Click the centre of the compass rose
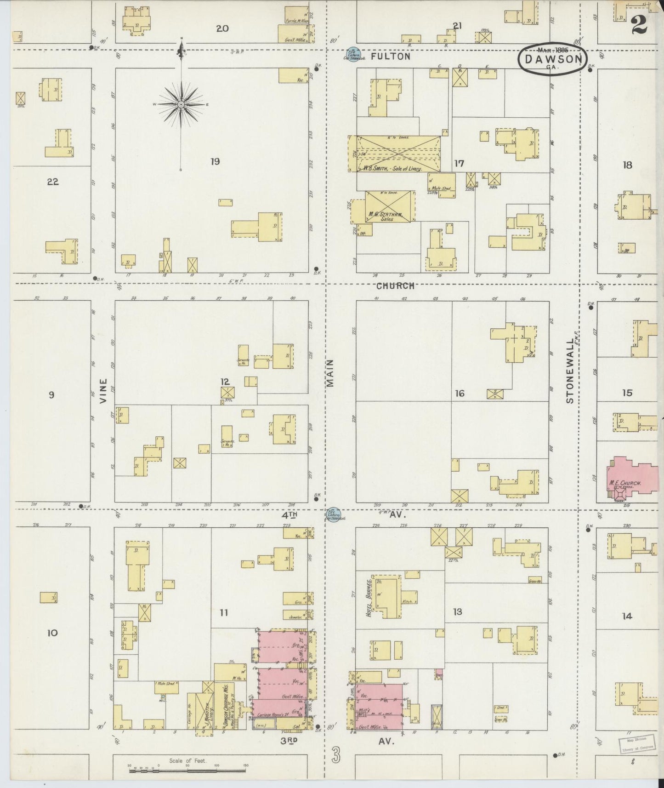(x=181, y=105)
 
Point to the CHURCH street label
(x=395, y=286)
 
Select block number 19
(x=215, y=161)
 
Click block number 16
(x=460, y=393)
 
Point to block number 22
(x=52, y=182)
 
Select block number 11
(x=224, y=612)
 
